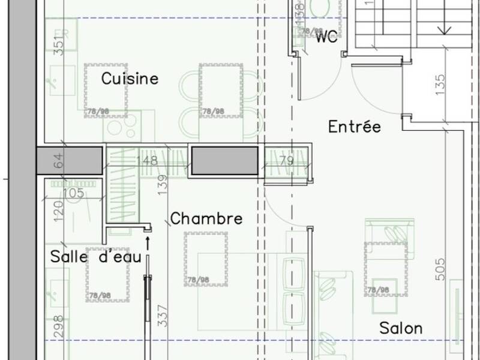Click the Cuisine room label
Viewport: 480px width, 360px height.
pyautogui.click(x=130, y=79)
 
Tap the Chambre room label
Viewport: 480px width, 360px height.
pyautogui.click(x=206, y=219)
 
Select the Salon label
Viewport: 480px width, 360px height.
pyautogui.click(x=400, y=328)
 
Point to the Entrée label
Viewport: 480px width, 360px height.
pyautogui.click(x=355, y=127)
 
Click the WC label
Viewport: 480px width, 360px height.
pyautogui.click(x=327, y=38)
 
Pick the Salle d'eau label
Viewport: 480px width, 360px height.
pyautogui.click(x=95, y=257)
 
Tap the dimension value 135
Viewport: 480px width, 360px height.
pyautogui.click(x=441, y=85)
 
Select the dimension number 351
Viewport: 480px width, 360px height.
pyautogui.click(x=58, y=46)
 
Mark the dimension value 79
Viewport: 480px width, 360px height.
pyautogui.click(x=286, y=161)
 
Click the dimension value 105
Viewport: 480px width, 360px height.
pyautogui.click(x=73, y=192)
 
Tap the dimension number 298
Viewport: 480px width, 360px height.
pyautogui.click(x=58, y=327)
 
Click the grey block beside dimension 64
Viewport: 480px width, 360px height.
pyautogui.click(x=68, y=161)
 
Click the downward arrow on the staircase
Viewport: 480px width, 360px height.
pyautogui.click(x=445, y=29)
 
